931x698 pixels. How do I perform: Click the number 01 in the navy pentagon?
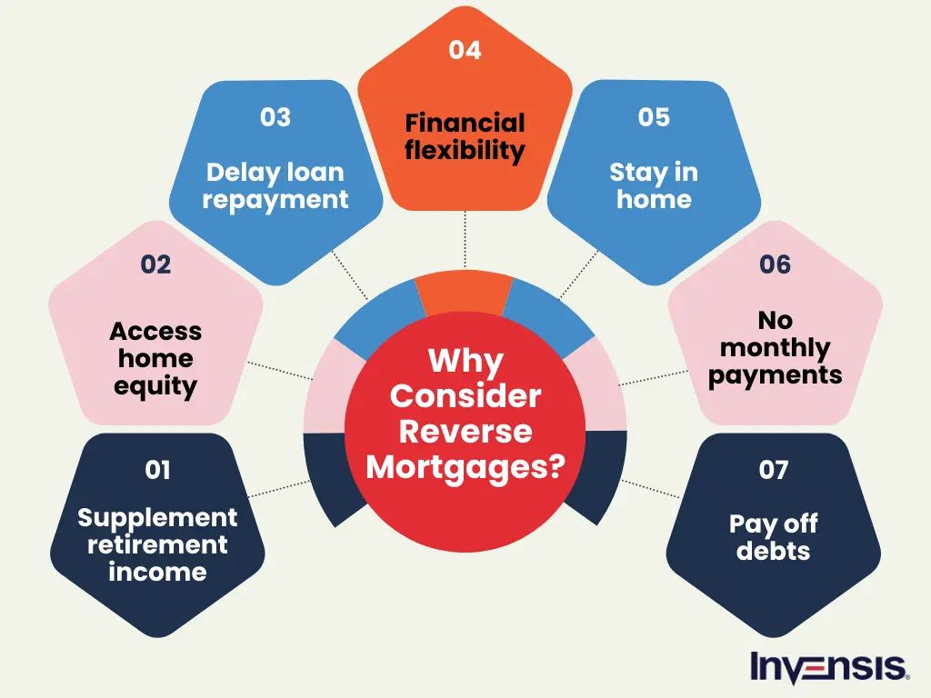(157, 470)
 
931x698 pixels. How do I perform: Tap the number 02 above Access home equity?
(155, 264)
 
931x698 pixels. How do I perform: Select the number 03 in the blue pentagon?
(275, 118)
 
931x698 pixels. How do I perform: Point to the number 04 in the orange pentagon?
(465, 50)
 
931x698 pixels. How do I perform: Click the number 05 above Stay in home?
(654, 118)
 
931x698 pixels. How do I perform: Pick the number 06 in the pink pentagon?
(775, 264)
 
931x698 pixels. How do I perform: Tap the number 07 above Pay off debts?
(774, 470)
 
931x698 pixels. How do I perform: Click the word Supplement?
(157, 518)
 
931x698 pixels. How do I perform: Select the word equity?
(155, 386)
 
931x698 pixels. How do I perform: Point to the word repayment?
(275, 200)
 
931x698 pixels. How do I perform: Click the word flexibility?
(465, 150)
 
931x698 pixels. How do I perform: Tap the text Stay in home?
(654, 185)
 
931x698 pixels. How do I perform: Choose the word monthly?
(775, 348)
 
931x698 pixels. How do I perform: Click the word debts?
(774, 551)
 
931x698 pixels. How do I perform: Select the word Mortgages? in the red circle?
(465, 466)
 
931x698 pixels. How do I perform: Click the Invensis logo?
(828, 666)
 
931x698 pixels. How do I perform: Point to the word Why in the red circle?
(465, 362)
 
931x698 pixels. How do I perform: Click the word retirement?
(157, 545)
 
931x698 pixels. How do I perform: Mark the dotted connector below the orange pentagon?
(465, 242)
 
